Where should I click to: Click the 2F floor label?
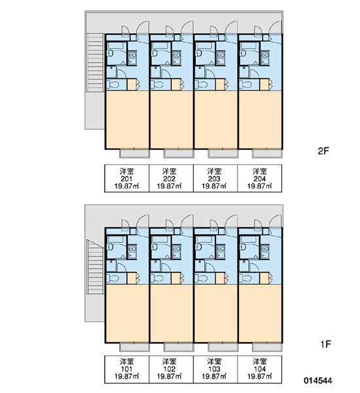(323, 151)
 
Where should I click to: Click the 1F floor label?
(326, 344)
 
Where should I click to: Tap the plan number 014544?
(318, 381)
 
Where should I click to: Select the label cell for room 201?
(127, 178)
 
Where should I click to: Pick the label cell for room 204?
(260, 178)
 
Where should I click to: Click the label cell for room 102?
(171, 369)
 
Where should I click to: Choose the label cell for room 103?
(215, 369)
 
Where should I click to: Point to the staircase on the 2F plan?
(95, 63)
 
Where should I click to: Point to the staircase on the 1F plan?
(95, 267)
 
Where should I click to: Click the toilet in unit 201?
(113, 84)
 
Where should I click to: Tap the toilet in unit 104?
(245, 278)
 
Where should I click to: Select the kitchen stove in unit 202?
(176, 54)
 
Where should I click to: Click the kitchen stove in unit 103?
(221, 249)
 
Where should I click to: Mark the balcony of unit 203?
(223, 153)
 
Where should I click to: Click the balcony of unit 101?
(135, 347)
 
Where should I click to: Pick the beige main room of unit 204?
(261, 120)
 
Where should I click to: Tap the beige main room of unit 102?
(171, 313)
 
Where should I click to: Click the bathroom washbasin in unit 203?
(198, 53)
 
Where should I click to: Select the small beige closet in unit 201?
(132, 84)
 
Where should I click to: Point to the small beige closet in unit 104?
(264, 278)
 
